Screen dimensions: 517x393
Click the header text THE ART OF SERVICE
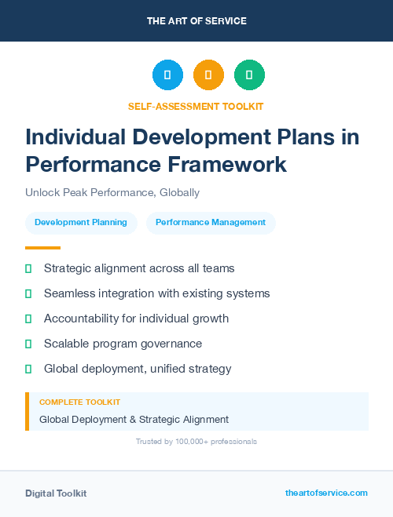[x=196, y=21]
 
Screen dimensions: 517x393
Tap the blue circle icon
[x=167, y=75]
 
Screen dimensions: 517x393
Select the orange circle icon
[x=208, y=75]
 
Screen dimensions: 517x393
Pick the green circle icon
[x=249, y=75]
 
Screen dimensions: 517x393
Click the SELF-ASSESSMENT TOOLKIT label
[x=196, y=106]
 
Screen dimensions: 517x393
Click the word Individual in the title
[x=71, y=137]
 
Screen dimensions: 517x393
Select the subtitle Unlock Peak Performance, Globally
[x=112, y=192]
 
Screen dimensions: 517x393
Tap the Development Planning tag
[x=81, y=222]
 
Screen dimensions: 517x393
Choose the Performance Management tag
[x=211, y=222]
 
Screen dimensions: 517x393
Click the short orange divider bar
[x=38, y=247]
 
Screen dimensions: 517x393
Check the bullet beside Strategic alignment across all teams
[x=28, y=268]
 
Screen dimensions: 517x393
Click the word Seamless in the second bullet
[x=70, y=293]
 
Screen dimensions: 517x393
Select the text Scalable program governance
[x=123, y=344]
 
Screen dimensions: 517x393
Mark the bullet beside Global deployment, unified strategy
[x=28, y=369]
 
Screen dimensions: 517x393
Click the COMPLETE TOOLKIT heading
[x=79, y=402]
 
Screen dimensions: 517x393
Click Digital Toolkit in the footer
[x=56, y=493]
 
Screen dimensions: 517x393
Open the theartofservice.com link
[x=326, y=493]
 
